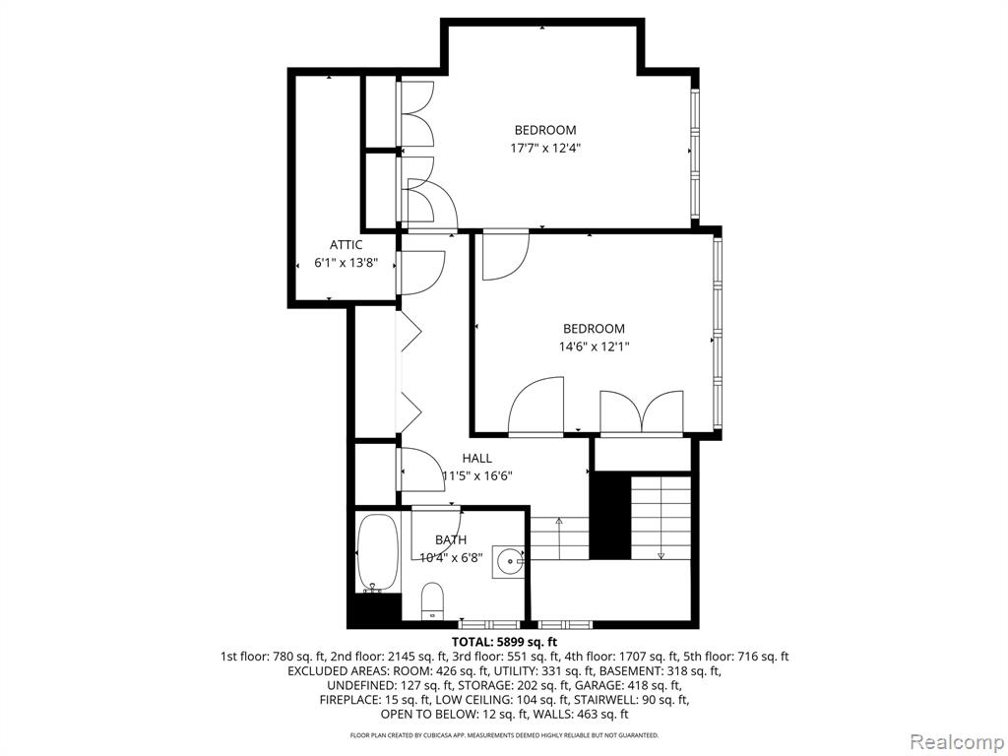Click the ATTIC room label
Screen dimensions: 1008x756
point(346,245)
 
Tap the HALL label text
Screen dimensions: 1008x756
point(477,459)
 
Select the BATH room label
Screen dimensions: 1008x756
point(451,540)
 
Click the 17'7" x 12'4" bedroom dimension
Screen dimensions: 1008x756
point(545,148)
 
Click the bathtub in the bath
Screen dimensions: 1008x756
point(379,552)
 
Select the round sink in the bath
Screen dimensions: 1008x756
point(512,561)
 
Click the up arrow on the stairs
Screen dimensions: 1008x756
point(559,538)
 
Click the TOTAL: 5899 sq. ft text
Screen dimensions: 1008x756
point(504,642)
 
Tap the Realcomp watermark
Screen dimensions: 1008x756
point(956,741)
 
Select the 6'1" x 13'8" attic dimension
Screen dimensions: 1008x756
point(346,263)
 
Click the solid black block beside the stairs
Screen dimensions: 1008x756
point(610,516)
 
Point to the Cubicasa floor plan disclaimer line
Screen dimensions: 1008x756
point(504,734)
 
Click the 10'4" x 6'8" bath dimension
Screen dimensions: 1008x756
point(451,558)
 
